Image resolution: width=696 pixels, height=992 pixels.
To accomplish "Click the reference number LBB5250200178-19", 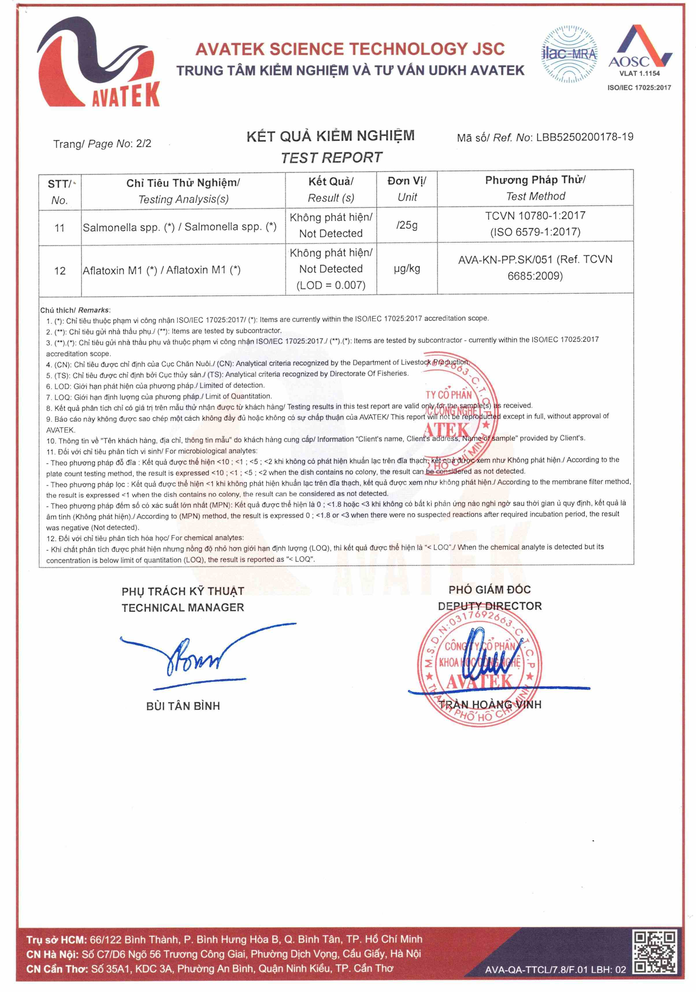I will [x=584, y=137].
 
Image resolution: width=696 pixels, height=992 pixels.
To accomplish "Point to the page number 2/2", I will [x=144, y=143].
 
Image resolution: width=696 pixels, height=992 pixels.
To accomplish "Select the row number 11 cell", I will [x=60, y=228].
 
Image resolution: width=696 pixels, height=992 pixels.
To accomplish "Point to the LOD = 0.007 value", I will [x=331, y=285].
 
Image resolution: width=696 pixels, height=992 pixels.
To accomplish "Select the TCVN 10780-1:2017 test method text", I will [x=535, y=215].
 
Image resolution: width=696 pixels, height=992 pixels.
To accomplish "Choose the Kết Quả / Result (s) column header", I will [x=331, y=189].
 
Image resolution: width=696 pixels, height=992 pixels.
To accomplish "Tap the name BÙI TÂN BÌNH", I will [x=183, y=706].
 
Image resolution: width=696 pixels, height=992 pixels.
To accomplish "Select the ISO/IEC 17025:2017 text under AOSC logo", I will [x=639, y=88].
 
